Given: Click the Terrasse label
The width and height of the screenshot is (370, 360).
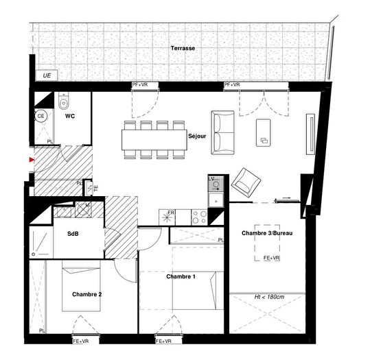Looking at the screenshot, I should pos(184,49).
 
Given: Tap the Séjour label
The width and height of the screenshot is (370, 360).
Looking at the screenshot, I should pos(198,136).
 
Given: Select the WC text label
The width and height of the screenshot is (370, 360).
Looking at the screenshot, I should pos(70,117).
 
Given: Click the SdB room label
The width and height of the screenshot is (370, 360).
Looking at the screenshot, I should pos(73,234).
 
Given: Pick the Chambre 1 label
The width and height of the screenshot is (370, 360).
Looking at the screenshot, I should pos(181,276).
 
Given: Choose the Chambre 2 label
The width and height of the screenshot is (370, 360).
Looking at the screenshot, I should pos(87,294).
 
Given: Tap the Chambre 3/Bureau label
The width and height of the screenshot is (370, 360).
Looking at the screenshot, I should pos(267,234).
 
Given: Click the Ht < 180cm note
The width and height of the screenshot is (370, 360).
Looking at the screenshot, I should pos(269,296).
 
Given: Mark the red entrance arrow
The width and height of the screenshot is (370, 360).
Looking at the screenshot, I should pos(31,160).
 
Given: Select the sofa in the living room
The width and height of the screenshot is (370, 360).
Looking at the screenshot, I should pos(222,132).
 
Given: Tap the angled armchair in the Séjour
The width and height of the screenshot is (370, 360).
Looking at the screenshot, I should pos(246,182).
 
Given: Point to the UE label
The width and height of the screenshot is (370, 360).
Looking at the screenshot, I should pos(47,75).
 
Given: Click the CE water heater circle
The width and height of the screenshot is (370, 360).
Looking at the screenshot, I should pos(41,117).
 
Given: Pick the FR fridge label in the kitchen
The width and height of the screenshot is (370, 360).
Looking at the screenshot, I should pos(171,213).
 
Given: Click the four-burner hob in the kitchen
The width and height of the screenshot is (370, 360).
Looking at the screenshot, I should pos(200,217).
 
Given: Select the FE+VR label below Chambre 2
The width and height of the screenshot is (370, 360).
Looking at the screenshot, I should pos(80,341).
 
